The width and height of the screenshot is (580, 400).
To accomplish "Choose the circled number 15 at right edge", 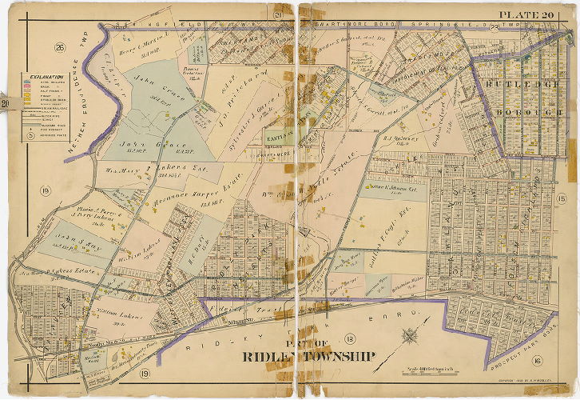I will [x=561, y=198].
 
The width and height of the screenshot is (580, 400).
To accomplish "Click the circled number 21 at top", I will [x=279, y=15].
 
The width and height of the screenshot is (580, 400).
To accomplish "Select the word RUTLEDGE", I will [x=526, y=90].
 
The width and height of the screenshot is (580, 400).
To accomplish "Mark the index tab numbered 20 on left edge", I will [x=4, y=102].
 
